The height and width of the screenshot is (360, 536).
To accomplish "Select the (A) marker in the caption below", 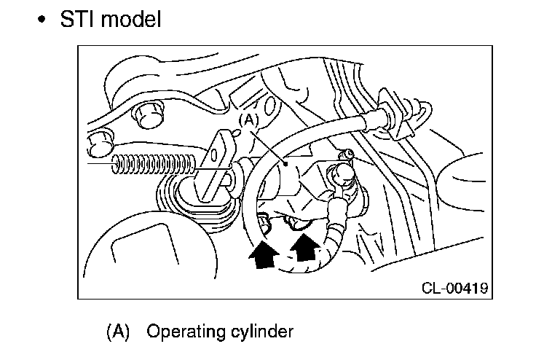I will tap(117, 332).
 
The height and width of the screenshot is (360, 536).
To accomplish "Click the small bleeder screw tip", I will tap(350, 154).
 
